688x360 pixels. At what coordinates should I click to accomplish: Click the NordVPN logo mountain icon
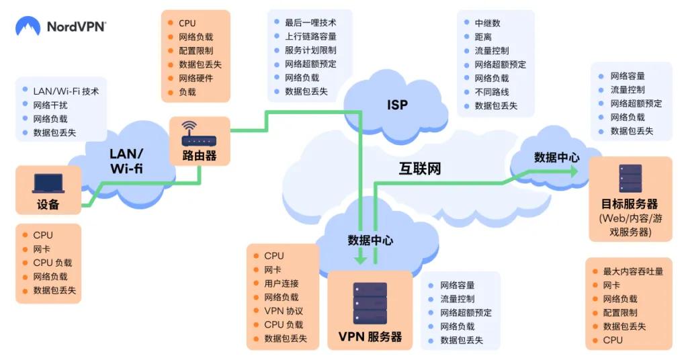(x=28, y=27)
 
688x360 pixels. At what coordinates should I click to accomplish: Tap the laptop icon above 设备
(x=48, y=183)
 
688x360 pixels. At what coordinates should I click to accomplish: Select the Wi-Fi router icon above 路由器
(x=200, y=135)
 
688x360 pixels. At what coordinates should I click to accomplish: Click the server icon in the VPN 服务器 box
(x=370, y=304)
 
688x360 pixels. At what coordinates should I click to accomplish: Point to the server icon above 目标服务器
(x=630, y=179)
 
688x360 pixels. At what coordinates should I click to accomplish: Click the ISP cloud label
(x=397, y=105)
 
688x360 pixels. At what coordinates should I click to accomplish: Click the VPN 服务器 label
(x=370, y=336)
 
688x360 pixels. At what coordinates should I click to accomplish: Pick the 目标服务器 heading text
(x=630, y=204)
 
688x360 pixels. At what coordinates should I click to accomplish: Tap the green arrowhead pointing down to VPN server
(x=361, y=256)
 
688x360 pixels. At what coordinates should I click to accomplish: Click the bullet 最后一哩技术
(x=310, y=23)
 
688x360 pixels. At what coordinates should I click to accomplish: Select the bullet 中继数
(x=487, y=23)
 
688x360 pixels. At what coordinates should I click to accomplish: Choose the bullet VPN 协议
(x=284, y=311)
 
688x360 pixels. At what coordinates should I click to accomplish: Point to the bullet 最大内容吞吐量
(x=632, y=271)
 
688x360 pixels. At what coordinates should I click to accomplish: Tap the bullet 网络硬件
(x=196, y=79)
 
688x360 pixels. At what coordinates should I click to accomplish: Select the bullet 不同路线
(x=491, y=92)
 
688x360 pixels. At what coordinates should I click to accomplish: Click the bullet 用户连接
(x=282, y=283)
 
